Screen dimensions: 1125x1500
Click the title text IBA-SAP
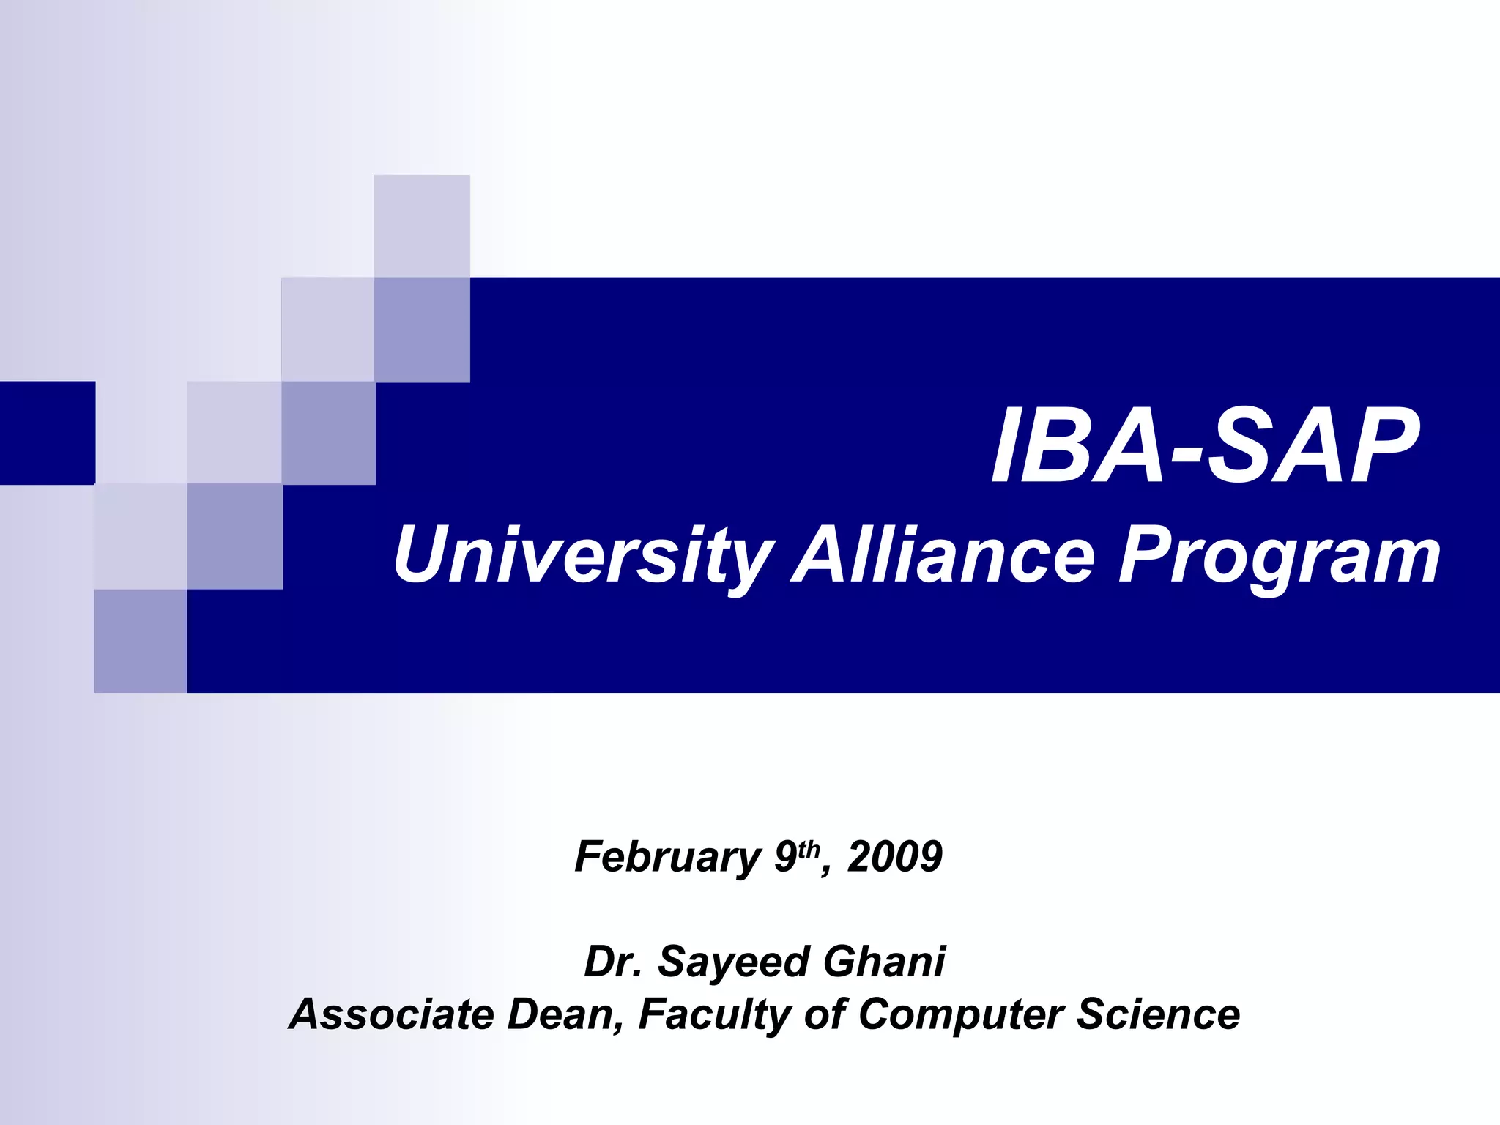pyautogui.click(x=1205, y=447)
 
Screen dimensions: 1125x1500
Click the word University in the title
pyautogui.click(x=582, y=557)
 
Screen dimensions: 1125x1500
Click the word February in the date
pyautogui.click(x=667, y=856)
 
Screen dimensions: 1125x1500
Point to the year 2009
pyautogui.click(x=895, y=856)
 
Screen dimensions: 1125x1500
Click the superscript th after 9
pyautogui.click(x=809, y=849)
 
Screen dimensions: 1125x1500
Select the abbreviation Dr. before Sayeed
pyautogui.click(x=613, y=961)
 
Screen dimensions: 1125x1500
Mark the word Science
pyautogui.click(x=1158, y=1014)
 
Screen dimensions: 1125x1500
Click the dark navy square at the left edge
pyautogui.click(x=47, y=433)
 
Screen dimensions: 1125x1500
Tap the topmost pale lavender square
pyautogui.click(x=422, y=226)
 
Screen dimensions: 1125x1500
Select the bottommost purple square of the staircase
pyautogui.click(x=141, y=641)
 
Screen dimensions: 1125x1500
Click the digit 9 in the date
pyautogui.click(x=785, y=856)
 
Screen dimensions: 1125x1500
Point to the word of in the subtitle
pyautogui.click(x=825, y=1014)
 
